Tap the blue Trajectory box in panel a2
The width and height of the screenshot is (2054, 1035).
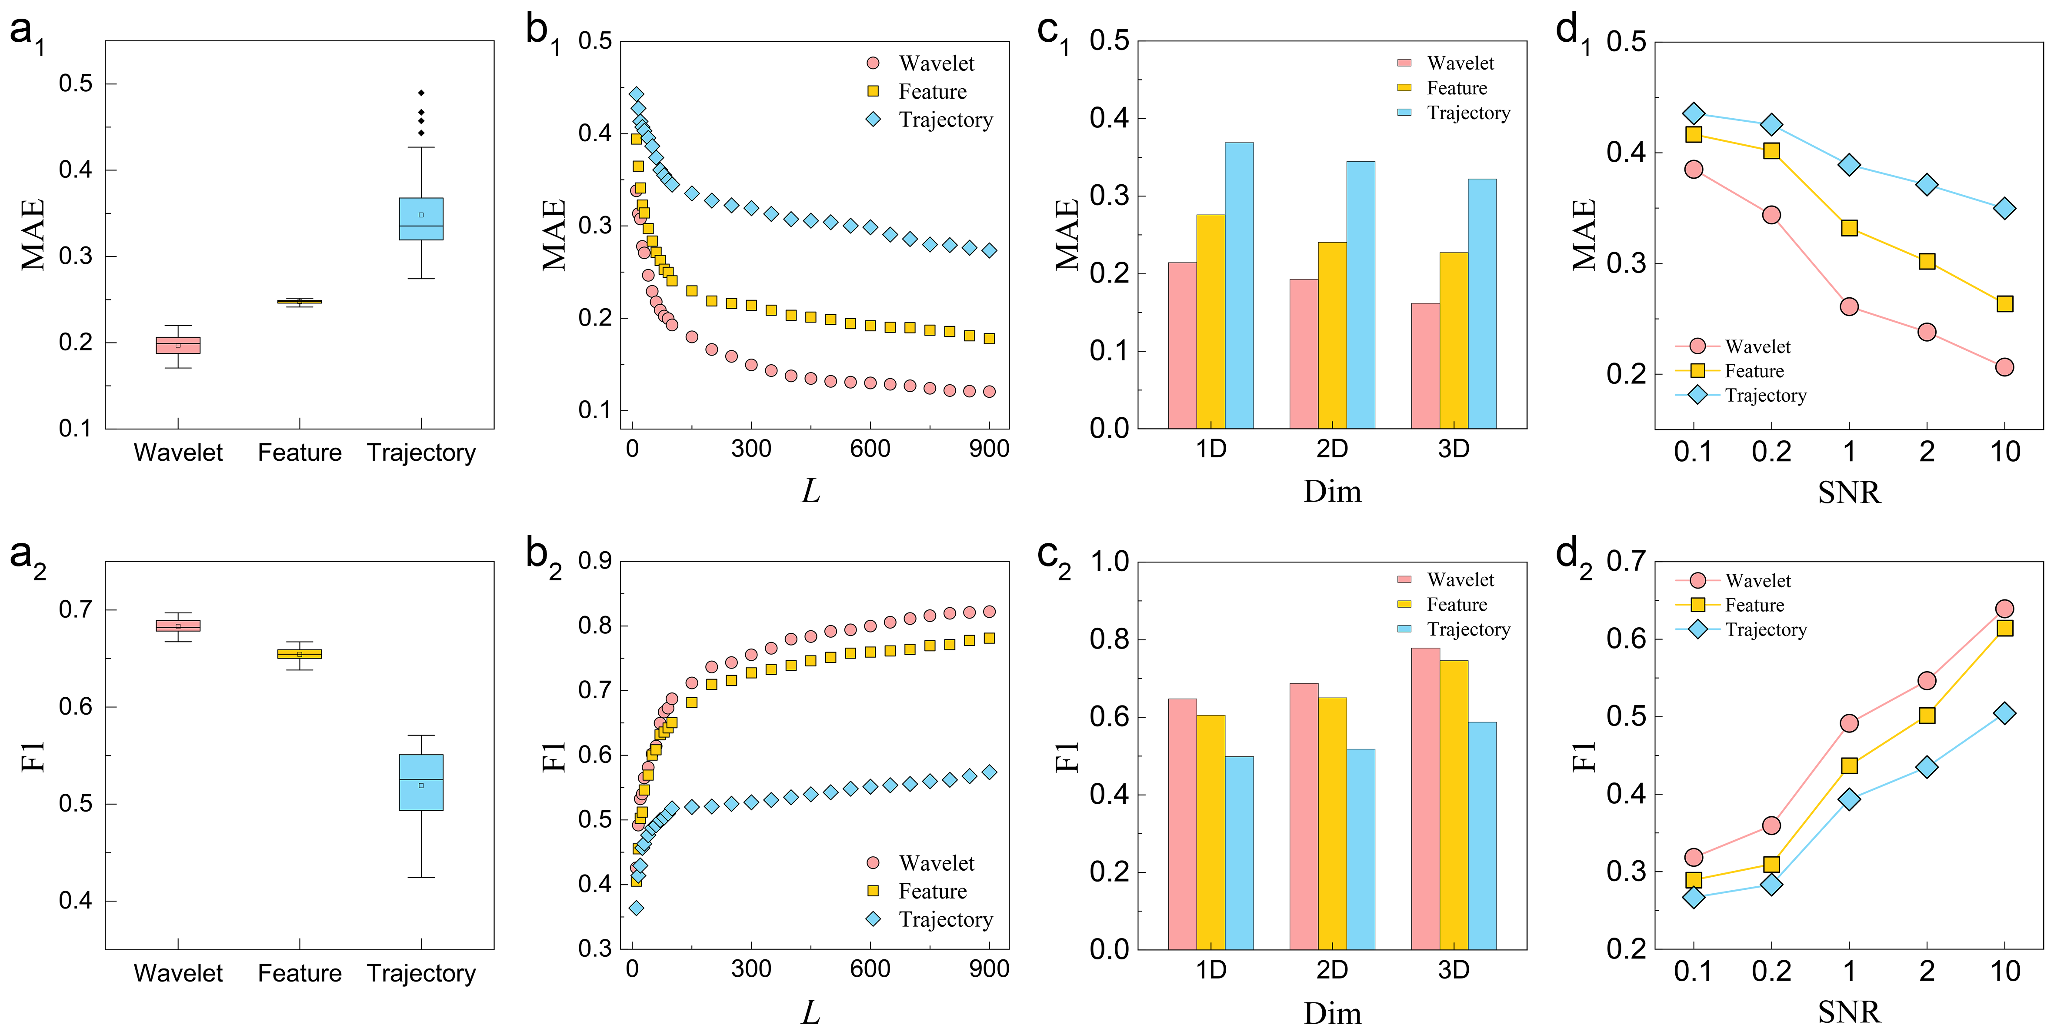[x=421, y=782]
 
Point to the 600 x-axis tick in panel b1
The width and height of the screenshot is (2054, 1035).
[x=870, y=449]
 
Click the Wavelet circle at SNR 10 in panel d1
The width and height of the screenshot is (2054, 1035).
[x=2004, y=367]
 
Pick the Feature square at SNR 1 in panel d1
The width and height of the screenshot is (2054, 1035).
[x=1849, y=228]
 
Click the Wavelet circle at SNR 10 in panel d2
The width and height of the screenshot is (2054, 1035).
[x=2004, y=609]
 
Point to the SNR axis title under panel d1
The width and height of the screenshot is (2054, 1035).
[x=1849, y=493]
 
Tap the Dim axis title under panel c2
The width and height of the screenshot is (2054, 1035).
[x=1332, y=1013]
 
